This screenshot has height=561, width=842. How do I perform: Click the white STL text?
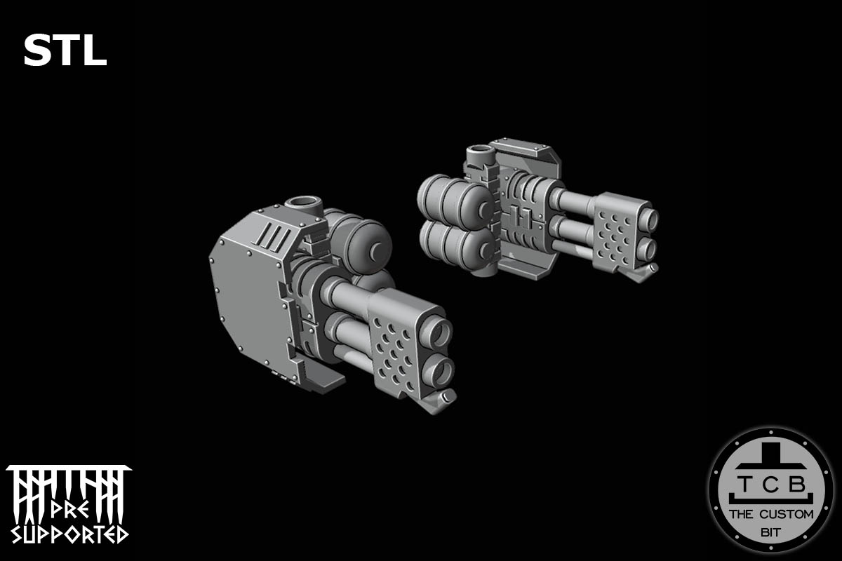65,51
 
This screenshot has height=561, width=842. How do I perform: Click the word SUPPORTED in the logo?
67,534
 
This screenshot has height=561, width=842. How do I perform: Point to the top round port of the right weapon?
480,151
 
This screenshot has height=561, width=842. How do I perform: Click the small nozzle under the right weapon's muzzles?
652,269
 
